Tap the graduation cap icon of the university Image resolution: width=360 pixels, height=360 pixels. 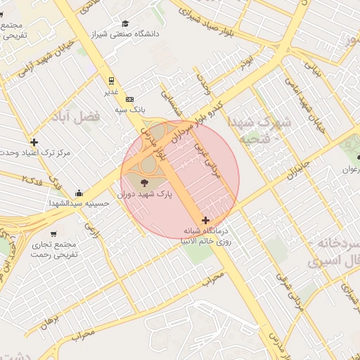125,23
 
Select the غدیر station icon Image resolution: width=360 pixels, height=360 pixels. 110,81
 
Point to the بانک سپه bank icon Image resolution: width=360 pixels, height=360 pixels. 129,99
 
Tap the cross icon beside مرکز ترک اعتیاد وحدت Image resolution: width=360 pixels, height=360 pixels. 34,142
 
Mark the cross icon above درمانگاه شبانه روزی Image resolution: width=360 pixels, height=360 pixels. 205,221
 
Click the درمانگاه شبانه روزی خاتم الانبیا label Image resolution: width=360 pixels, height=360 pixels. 212,235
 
